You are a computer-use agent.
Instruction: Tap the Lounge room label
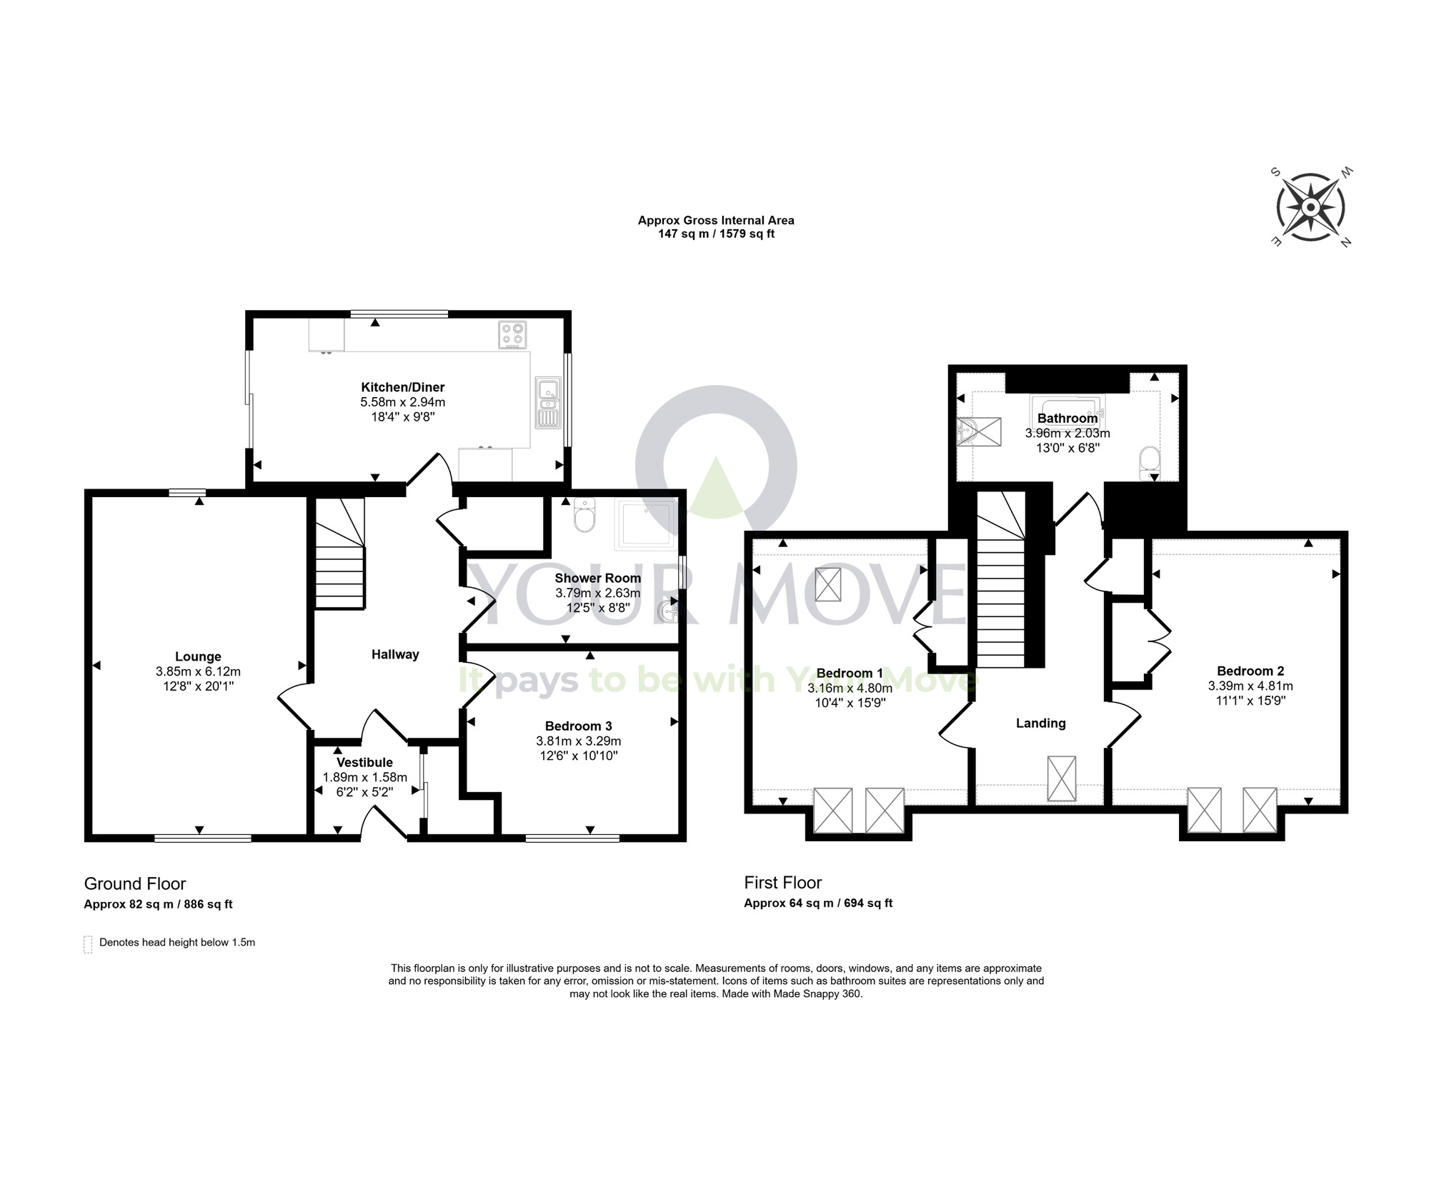[198, 656]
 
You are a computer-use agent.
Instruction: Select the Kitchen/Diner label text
[402, 387]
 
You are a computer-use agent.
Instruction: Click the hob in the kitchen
[513, 334]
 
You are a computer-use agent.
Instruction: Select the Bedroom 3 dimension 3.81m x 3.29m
[578, 741]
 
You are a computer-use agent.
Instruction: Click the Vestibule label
[364, 762]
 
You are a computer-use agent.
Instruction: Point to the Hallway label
[395, 654]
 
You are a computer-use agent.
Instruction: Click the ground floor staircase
[340, 554]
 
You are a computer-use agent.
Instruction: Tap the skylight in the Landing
[1061, 778]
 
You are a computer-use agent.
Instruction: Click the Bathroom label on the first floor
[1067, 419]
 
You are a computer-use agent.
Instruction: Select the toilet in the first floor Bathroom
[1150, 464]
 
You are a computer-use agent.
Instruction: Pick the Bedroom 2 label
[1250, 671]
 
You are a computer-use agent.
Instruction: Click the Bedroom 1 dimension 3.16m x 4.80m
[850, 688]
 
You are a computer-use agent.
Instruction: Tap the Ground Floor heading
[135, 884]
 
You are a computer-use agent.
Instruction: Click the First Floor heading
[783, 883]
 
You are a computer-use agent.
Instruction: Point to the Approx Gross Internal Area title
[716, 220]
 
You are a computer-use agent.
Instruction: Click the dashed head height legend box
[88, 944]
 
